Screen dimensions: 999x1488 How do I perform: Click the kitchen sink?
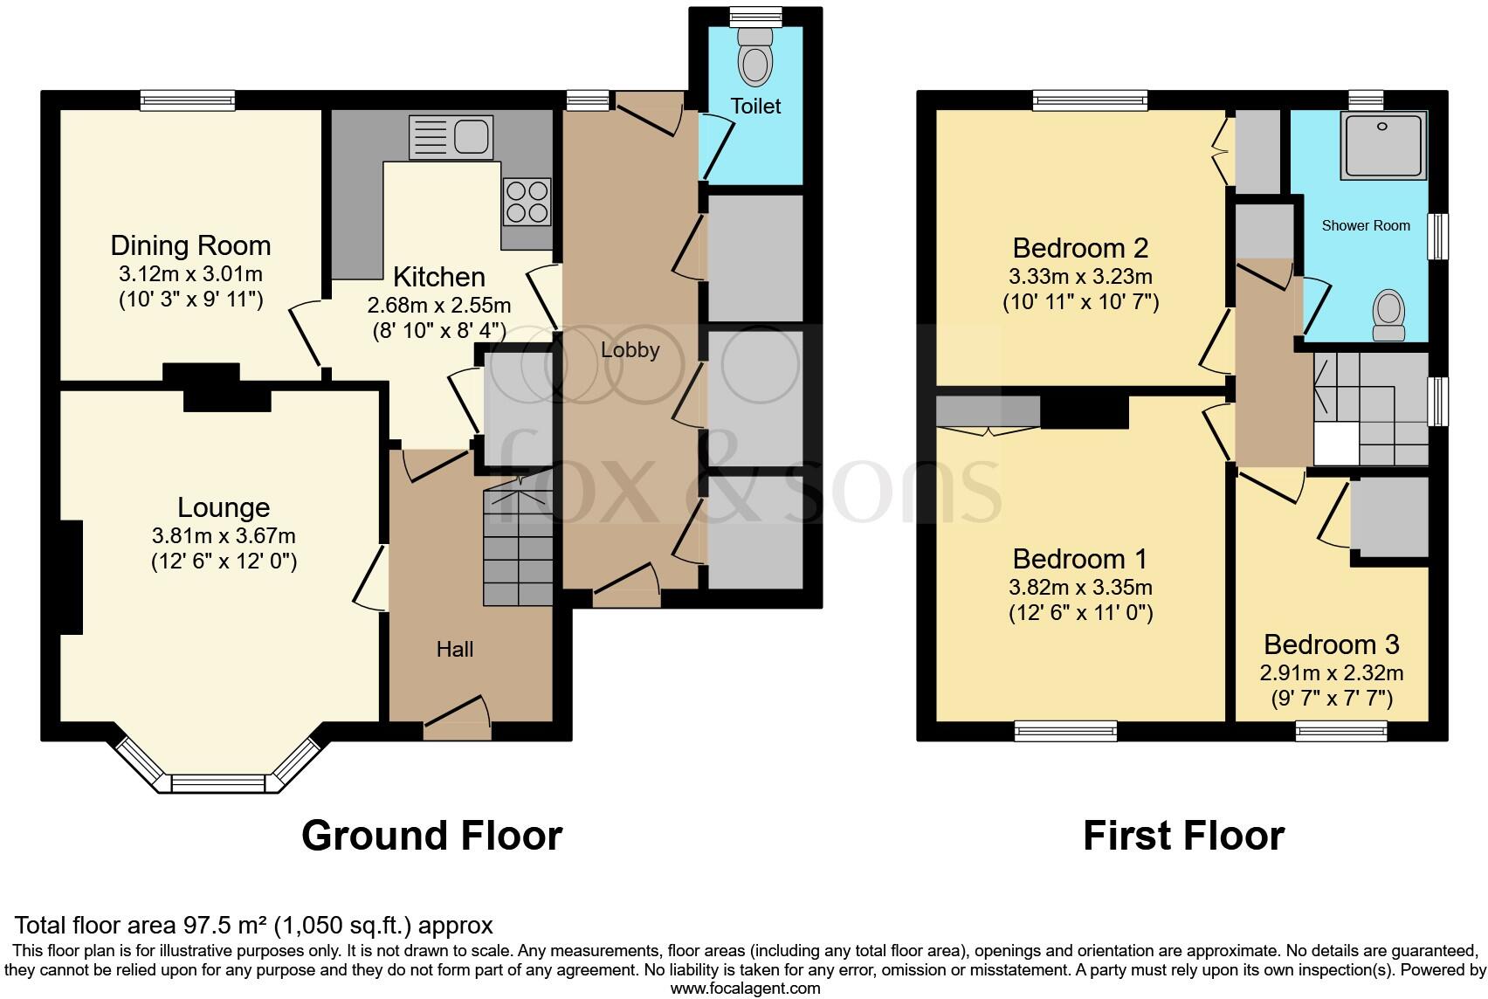point(451,137)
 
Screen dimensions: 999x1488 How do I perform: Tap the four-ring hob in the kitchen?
point(527,201)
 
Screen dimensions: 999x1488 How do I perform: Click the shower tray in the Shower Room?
point(1385,145)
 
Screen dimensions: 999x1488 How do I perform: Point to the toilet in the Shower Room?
point(1388,315)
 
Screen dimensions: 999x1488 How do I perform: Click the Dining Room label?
point(190,245)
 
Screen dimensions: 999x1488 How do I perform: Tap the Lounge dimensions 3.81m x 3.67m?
point(224,535)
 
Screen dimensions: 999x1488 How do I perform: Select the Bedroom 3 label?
point(1331,644)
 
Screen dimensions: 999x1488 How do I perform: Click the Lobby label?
point(630,350)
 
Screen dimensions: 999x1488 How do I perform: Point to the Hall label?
point(455,649)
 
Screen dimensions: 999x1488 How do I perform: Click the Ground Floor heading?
point(431,836)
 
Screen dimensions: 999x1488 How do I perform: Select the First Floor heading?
point(1183,836)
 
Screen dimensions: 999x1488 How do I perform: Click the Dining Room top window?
point(189,100)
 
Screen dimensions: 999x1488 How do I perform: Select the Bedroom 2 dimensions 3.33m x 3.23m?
point(1080,277)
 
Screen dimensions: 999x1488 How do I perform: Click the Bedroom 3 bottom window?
point(1341,731)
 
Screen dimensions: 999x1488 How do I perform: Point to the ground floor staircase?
point(518,547)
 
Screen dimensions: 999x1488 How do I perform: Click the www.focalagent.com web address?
point(745,989)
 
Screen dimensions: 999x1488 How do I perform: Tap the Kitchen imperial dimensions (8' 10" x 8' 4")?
point(438,331)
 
